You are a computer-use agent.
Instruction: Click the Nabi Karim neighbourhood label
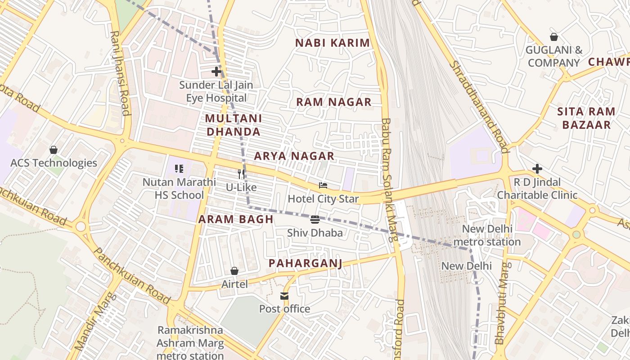click(332, 43)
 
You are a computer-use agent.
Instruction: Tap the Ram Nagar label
click(333, 102)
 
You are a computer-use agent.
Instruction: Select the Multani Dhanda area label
click(233, 125)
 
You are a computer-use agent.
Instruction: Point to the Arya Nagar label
click(294, 156)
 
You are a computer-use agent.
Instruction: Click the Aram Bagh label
click(236, 219)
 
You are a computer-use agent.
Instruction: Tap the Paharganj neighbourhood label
click(305, 263)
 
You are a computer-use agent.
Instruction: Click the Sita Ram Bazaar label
click(586, 118)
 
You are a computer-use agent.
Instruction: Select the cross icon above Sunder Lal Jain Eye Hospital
click(216, 71)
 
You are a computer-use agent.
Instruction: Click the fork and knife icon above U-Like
click(241, 174)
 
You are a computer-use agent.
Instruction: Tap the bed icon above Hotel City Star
click(323, 185)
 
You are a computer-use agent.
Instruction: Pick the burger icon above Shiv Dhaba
click(315, 220)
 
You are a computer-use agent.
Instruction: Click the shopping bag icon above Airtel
click(234, 271)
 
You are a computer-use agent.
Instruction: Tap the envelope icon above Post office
click(284, 296)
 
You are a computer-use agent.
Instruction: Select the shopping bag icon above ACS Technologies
click(54, 149)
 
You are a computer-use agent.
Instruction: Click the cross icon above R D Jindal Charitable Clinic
click(537, 169)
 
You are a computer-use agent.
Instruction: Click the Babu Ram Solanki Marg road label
click(389, 180)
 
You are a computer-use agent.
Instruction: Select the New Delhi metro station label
click(487, 235)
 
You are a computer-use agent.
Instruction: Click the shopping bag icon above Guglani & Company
click(554, 37)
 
